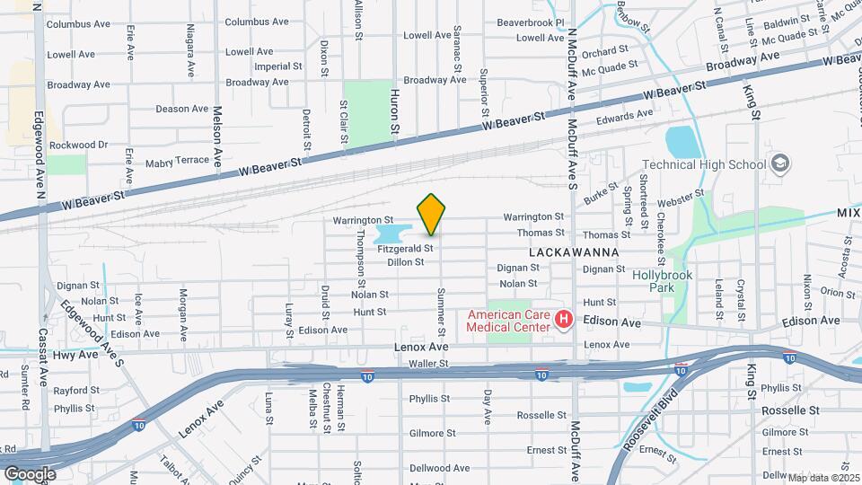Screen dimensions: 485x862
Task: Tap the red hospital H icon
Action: coord(564,319)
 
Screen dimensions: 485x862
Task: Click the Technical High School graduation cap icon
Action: coord(780,163)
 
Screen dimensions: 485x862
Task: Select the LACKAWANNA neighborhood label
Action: coord(575,252)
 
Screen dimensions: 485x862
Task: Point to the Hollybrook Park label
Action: coord(665,282)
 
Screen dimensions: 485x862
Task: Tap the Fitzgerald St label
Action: coord(405,248)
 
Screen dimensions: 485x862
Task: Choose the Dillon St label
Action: coord(405,262)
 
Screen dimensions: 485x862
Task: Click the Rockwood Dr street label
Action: coord(78,145)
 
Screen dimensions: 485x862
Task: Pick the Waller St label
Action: coord(427,364)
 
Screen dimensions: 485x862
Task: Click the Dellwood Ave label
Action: coord(435,468)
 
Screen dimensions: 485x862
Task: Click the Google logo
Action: coord(30,473)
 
